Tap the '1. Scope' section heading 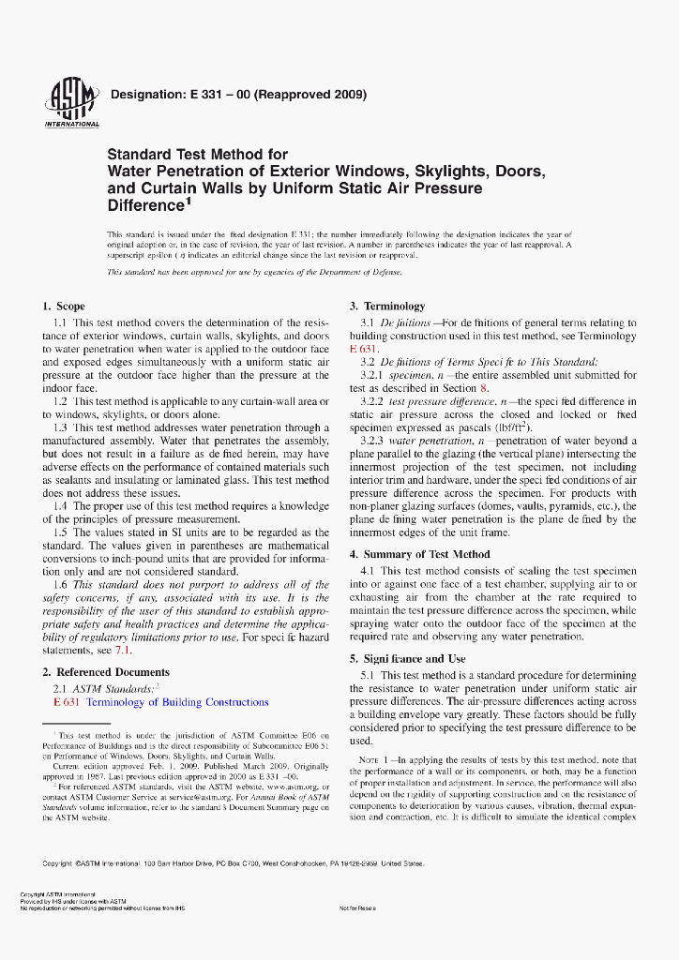pyautogui.click(x=64, y=307)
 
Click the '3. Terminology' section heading pyautogui.click(x=387, y=307)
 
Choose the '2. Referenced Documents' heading pyautogui.click(x=106, y=672)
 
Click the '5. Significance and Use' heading pyautogui.click(x=408, y=659)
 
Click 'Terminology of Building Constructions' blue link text pyautogui.click(x=177, y=702)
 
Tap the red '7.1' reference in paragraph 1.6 pyautogui.click(x=123, y=650)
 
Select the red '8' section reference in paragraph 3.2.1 pyautogui.click(x=484, y=388)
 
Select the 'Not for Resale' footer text pyautogui.click(x=356, y=908)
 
